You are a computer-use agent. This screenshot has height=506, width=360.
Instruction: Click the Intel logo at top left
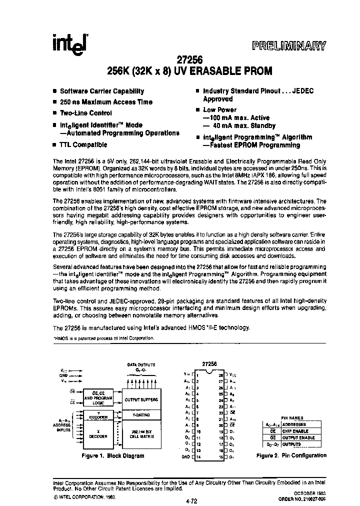(69, 45)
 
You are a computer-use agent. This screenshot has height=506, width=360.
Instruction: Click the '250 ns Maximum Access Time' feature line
(106, 102)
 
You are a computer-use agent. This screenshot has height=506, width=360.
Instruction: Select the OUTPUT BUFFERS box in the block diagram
(140, 399)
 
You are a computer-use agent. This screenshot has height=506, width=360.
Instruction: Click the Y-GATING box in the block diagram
(140, 415)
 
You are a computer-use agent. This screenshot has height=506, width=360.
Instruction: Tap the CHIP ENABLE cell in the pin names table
(305, 430)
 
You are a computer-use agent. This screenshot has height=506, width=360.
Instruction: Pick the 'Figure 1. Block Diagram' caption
(113, 456)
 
